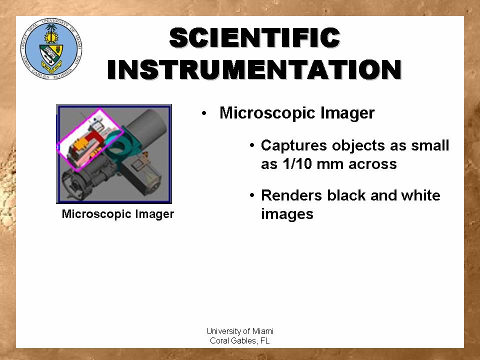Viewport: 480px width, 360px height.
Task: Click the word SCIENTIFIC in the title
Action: (x=254, y=37)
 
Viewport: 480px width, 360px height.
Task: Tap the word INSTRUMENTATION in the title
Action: (x=254, y=69)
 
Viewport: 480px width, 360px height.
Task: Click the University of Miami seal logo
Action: (x=51, y=48)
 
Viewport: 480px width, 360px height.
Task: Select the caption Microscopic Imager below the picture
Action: (x=118, y=214)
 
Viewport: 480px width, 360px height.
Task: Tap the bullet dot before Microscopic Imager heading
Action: (x=204, y=114)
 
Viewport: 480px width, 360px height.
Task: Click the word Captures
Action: (x=294, y=145)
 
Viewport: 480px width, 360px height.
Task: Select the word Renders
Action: (x=291, y=195)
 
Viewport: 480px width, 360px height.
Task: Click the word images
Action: (x=287, y=214)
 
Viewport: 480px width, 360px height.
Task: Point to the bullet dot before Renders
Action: (x=252, y=195)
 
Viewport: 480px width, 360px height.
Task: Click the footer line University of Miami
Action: (x=240, y=331)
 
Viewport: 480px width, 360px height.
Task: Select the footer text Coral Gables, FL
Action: (x=240, y=340)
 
